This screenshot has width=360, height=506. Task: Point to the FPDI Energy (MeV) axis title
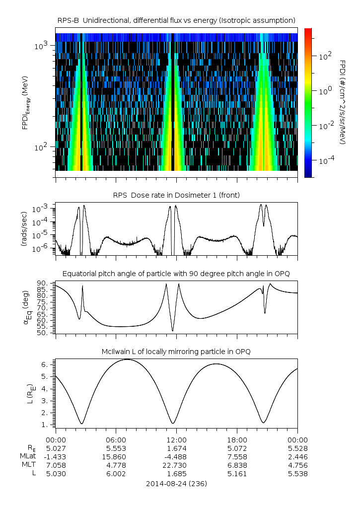tap(25, 102)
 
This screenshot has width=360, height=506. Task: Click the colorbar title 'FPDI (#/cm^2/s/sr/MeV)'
tap(343, 102)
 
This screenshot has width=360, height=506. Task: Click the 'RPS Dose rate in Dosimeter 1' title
tap(177, 195)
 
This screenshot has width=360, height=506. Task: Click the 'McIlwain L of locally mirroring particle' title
tap(177, 352)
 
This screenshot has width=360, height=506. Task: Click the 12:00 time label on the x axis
tap(177, 439)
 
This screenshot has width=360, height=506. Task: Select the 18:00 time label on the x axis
tap(237, 439)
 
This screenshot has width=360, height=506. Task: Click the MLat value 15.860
tap(116, 456)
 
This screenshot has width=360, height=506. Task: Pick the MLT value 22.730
tap(177, 465)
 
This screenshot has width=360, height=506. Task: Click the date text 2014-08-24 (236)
tap(177, 483)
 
